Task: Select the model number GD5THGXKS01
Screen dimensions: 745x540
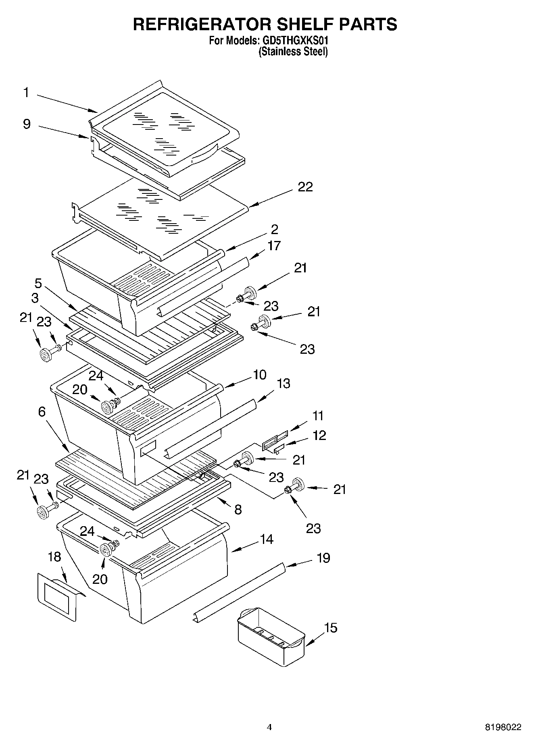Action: point(296,41)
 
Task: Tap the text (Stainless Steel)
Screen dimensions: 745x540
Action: point(293,52)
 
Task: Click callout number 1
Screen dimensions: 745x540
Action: point(26,93)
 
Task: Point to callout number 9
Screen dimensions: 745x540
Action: point(27,124)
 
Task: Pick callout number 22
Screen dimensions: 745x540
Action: point(305,187)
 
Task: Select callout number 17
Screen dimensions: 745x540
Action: point(274,245)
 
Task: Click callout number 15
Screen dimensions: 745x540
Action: point(331,628)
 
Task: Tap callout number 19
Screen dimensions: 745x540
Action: point(323,558)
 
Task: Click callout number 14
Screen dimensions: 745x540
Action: point(267,539)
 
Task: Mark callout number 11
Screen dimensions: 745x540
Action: point(318,415)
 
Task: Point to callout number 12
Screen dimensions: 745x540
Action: point(319,435)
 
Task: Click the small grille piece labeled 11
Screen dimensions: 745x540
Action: point(274,438)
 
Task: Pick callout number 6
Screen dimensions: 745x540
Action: point(42,412)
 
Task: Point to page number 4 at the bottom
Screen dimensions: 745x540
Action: point(269,727)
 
